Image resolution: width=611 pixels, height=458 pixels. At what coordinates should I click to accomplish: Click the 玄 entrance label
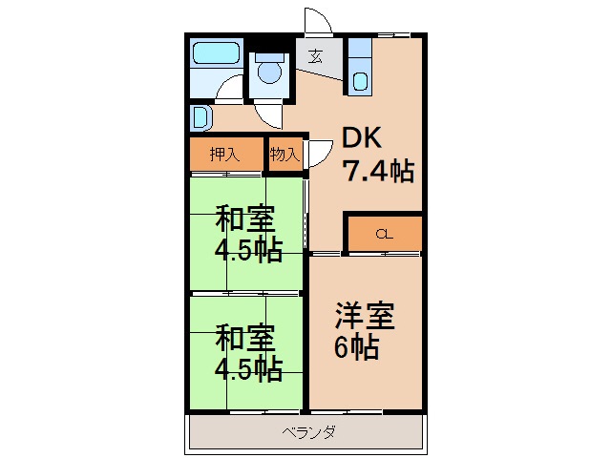tap(316, 56)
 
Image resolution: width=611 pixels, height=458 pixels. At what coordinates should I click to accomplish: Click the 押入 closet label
tap(224, 154)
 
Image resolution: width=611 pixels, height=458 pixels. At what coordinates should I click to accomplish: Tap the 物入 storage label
tap(284, 154)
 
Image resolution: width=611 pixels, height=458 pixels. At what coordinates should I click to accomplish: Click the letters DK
tap(363, 139)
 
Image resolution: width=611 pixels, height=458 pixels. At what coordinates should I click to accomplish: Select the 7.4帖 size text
tap(378, 172)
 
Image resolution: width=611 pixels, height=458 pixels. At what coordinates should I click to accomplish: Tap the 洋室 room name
tap(364, 314)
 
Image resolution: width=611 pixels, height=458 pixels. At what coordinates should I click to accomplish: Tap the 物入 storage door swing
tap(316, 157)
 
